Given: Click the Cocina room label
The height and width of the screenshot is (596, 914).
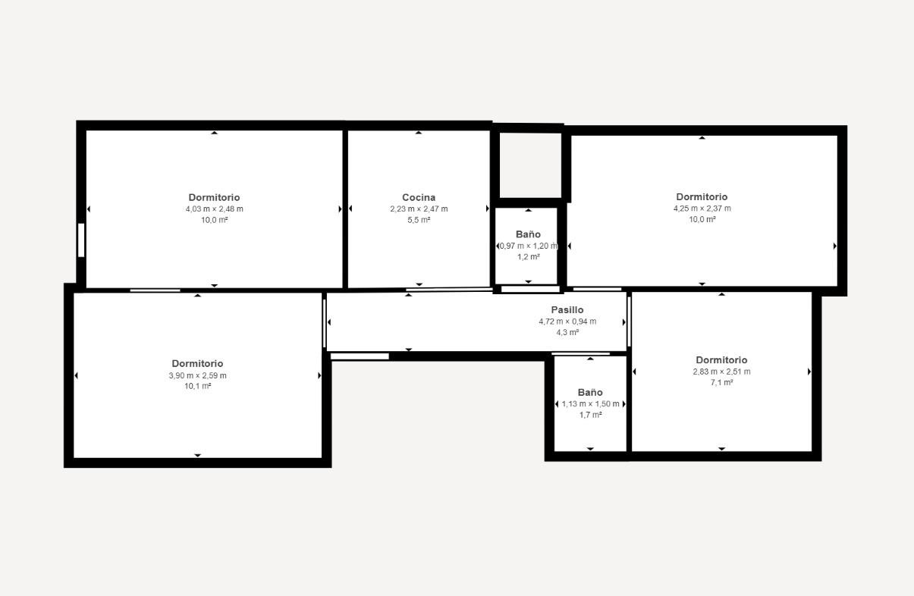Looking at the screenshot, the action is click(419, 197).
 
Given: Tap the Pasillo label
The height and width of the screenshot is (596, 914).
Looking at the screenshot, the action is click(567, 310).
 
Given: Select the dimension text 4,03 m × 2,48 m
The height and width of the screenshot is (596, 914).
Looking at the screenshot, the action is click(214, 209).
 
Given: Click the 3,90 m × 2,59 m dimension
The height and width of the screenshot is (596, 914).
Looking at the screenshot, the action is click(197, 375).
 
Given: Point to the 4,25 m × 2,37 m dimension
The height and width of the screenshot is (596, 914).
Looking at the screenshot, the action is click(702, 209).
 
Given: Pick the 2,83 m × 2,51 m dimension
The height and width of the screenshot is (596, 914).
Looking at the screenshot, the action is click(721, 372).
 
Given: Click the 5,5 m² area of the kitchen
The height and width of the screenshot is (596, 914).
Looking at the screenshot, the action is click(419, 220).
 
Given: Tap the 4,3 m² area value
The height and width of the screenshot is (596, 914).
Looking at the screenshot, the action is click(567, 332).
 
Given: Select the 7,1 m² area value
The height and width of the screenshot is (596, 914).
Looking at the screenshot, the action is click(721, 383).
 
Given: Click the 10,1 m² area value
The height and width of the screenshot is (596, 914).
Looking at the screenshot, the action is click(197, 386).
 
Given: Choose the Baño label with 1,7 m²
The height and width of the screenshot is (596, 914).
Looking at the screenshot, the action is click(590, 393).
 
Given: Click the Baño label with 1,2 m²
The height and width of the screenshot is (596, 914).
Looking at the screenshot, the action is click(528, 234).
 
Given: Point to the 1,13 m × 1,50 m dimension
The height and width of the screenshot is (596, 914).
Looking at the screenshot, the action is click(590, 404).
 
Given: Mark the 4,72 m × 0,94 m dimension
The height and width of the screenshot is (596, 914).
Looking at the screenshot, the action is click(567, 322).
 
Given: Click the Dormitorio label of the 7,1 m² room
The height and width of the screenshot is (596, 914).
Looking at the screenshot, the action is click(721, 360).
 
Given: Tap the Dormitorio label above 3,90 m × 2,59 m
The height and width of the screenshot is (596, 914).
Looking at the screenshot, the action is click(197, 363).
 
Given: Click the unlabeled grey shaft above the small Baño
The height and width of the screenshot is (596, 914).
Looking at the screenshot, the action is click(530, 165).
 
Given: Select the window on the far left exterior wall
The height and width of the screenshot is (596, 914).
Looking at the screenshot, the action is click(81, 240).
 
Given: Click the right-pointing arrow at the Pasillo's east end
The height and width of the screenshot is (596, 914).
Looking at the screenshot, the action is click(624, 322).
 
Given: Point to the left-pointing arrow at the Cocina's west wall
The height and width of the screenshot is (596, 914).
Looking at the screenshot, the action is click(350, 209).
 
